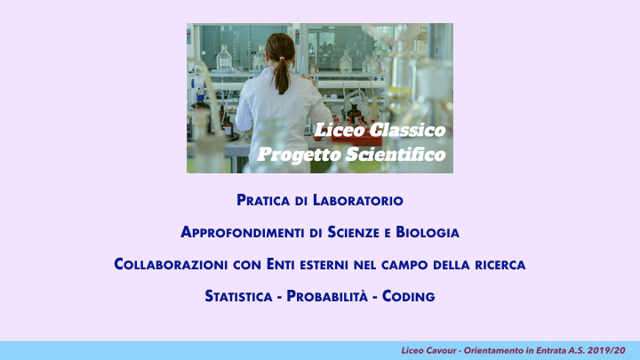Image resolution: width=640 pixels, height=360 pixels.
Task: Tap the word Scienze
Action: coord(361,233)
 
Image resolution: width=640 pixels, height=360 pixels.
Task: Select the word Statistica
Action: coord(238,295)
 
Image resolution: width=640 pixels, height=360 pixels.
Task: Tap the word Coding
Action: coord(409,295)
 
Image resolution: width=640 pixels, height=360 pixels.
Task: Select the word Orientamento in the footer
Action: coord(492,350)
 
